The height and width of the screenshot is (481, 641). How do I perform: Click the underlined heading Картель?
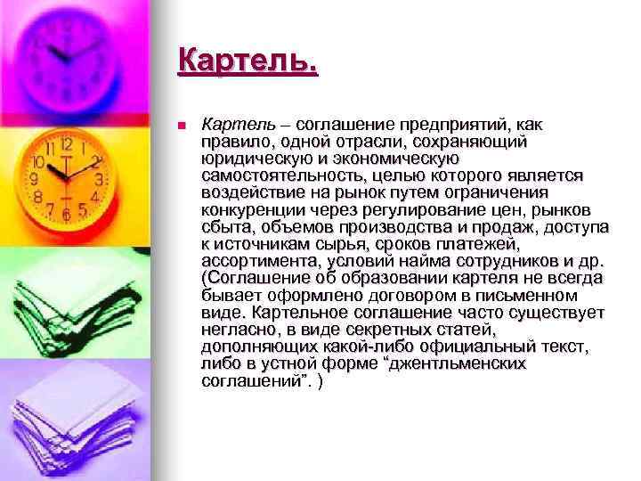[247, 61]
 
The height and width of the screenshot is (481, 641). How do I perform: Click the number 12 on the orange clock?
[66, 144]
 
